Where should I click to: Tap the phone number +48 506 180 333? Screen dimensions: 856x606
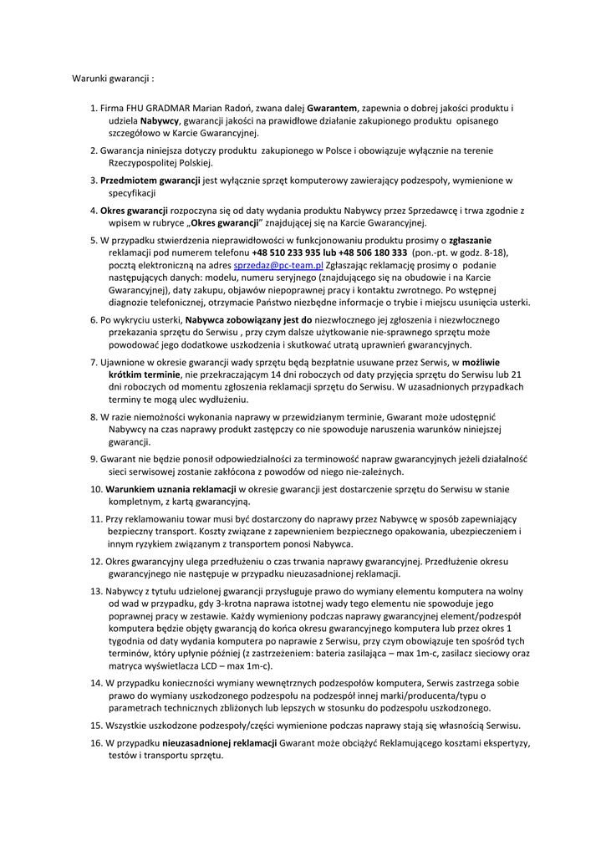(x=373, y=252)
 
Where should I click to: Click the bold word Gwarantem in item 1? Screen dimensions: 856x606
(x=333, y=108)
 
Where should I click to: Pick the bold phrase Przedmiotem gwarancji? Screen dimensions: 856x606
(x=150, y=180)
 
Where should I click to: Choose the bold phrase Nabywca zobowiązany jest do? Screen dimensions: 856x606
(x=249, y=319)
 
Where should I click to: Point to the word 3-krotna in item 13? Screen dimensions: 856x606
(x=233, y=603)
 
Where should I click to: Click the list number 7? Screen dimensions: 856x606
(x=94, y=363)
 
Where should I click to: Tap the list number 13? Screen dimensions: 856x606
(x=96, y=591)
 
